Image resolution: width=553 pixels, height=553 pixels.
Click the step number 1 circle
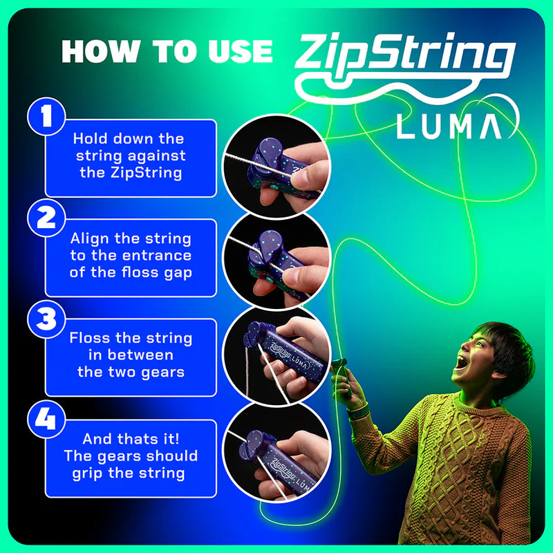tap(46, 116)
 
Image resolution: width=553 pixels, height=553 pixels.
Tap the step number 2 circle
tap(46, 218)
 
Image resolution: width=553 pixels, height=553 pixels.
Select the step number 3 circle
tap(46, 319)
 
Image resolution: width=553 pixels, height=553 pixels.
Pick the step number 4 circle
tap(46, 420)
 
